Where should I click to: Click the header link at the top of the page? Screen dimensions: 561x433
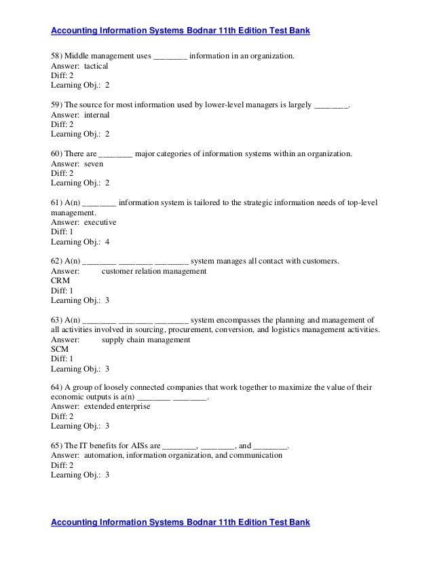click(181, 31)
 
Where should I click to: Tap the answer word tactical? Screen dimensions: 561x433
click(96, 67)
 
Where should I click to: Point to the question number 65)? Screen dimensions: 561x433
click(58, 446)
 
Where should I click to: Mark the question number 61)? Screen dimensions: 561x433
click(58, 203)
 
